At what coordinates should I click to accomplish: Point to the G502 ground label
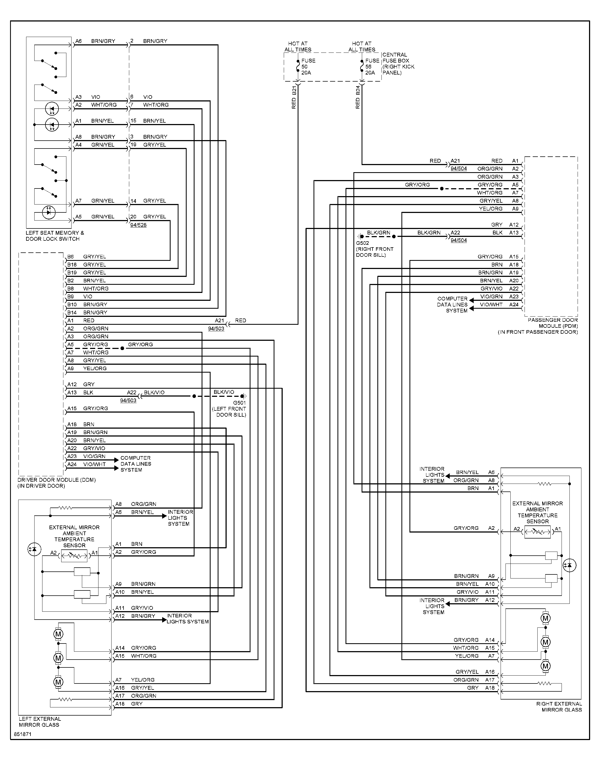pos(362,243)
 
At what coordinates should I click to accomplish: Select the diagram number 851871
pos(23,734)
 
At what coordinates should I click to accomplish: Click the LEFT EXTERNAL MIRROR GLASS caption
pos(40,722)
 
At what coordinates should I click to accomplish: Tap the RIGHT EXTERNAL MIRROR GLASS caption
pos(559,707)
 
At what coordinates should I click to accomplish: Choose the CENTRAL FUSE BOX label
pos(398,64)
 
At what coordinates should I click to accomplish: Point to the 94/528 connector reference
pos(138,225)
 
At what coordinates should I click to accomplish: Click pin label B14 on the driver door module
pos(72,313)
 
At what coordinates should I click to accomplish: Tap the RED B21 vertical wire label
pos(294,97)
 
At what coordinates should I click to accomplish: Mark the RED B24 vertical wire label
pos(358,97)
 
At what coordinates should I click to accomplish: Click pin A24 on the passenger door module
pos(514,305)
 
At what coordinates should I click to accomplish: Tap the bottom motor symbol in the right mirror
pos(545,666)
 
